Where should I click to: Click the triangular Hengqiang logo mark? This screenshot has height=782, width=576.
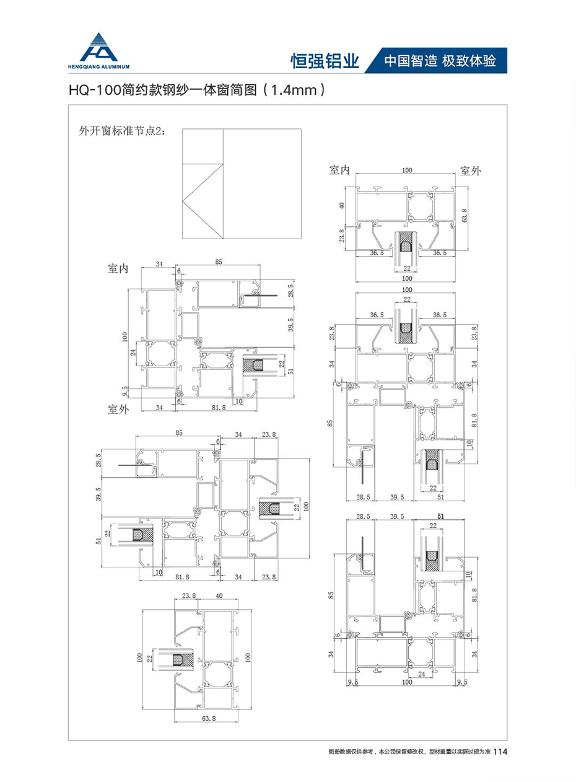tap(98, 46)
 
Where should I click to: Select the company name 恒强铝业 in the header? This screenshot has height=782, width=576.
tap(325, 61)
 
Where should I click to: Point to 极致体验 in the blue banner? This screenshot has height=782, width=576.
tap(470, 61)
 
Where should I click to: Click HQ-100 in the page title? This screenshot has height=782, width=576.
tap(94, 90)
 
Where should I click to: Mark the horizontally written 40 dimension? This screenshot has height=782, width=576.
tap(219, 596)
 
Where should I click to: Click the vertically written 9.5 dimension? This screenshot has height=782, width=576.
tap(125, 392)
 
